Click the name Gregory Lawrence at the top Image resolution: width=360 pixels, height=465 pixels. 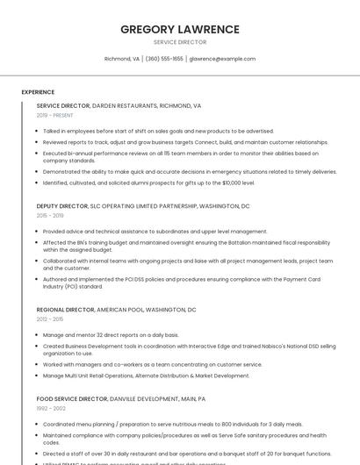click(x=180, y=29)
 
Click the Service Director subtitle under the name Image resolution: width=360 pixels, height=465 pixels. click(x=180, y=42)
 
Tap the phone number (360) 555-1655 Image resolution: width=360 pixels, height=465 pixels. click(x=164, y=59)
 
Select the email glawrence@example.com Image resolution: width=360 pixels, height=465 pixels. click(x=222, y=59)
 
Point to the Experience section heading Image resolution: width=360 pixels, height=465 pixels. click(x=38, y=92)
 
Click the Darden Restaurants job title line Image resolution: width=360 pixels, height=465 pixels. click(x=119, y=105)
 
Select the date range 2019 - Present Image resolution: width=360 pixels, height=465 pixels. click(x=54, y=115)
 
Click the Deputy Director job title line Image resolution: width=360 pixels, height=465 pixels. click(x=143, y=205)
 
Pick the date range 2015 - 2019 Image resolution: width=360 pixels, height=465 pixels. click(x=50, y=215)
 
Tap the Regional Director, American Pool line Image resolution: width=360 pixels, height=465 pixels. click(x=116, y=310)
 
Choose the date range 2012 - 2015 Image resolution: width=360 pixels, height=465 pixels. click(x=50, y=319)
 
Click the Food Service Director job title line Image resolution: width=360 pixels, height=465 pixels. click(x=121, y=398)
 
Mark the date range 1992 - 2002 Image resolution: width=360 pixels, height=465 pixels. click(x=50, y=408)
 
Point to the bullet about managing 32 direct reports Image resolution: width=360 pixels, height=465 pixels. click(x=111, y=335)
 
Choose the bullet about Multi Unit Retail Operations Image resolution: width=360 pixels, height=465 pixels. click(x=146, y=376)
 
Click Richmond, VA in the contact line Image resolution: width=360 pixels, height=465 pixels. click(x=122, y=59)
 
